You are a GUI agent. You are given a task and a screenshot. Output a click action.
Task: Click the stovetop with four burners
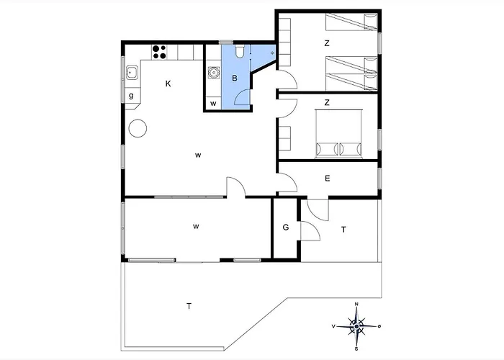pos(159,52)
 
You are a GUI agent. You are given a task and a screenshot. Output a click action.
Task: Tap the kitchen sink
pos(132,72)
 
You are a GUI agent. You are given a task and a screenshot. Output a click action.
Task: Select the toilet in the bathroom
pos(240,51)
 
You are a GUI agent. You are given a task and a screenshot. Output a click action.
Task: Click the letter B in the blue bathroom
pos(235,78)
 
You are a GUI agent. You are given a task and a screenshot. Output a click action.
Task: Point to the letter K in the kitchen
pos(168,84)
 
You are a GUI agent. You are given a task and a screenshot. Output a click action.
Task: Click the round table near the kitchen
pos(138,128)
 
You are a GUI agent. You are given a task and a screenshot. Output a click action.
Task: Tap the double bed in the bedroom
pos(339,134)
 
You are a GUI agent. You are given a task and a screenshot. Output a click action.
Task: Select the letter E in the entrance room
pos(327,179)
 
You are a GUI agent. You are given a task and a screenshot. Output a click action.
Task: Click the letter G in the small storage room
pos(286,228)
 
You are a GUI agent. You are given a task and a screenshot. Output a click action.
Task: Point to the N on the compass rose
pos(356,304)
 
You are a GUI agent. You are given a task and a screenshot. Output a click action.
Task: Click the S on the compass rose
pos(356,348)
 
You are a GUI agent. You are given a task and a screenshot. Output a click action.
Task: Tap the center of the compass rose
pos(356,327)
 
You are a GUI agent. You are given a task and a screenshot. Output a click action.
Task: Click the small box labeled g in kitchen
pos(131,96)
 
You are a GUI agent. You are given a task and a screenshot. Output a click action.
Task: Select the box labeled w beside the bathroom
pos(213,104)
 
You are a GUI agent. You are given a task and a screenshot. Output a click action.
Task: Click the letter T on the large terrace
pos(189,306)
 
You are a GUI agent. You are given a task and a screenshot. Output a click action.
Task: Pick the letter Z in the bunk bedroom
pos(327,43)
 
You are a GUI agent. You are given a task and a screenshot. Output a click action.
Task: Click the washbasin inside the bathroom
pos(213,72)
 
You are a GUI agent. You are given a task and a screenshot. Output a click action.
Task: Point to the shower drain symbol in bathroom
pos(272,53)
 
